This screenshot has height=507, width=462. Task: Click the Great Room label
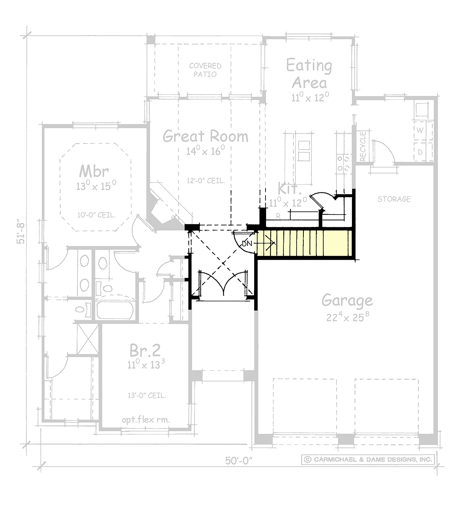[205, 136]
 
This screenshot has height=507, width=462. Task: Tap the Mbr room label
[94, 171]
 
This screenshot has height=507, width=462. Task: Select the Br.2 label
[145, 350]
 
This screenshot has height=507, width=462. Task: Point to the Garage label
[347, 301]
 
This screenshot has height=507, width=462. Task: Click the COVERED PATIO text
[205, 70]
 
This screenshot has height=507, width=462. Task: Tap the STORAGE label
[394, 199]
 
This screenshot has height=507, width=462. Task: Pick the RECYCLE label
[363, 146]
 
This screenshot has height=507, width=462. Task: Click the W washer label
[420, 130]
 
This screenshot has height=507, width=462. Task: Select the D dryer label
[420, 152]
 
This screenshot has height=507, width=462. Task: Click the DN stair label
[247, 243]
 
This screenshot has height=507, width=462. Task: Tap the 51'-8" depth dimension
[21, 233]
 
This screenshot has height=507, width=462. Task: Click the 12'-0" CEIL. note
[206, 181]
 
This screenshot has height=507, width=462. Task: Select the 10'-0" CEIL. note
[97, 215]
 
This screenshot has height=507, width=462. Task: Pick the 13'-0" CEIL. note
[147, 395]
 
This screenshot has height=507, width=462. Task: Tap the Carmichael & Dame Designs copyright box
[368, 459]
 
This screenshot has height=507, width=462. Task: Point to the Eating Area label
[309, 74]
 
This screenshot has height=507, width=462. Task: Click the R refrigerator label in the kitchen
[278, 216]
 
